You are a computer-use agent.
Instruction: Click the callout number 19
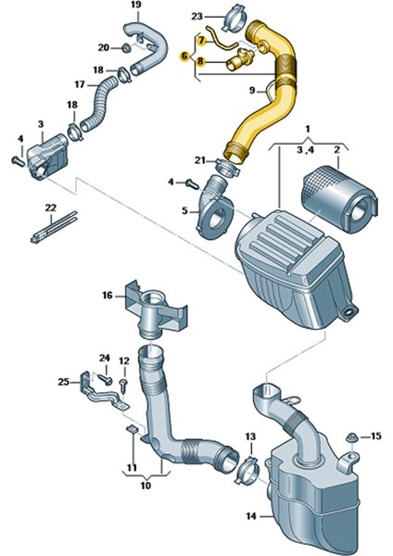click(x=135, y=7)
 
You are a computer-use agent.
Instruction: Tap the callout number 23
click(x=196, y=16)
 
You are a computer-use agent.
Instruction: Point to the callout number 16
click(x=108, y=296)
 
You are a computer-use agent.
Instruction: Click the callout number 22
click(x=51, y=207)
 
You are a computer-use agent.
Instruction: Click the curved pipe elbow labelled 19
click(x=154, y=46)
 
